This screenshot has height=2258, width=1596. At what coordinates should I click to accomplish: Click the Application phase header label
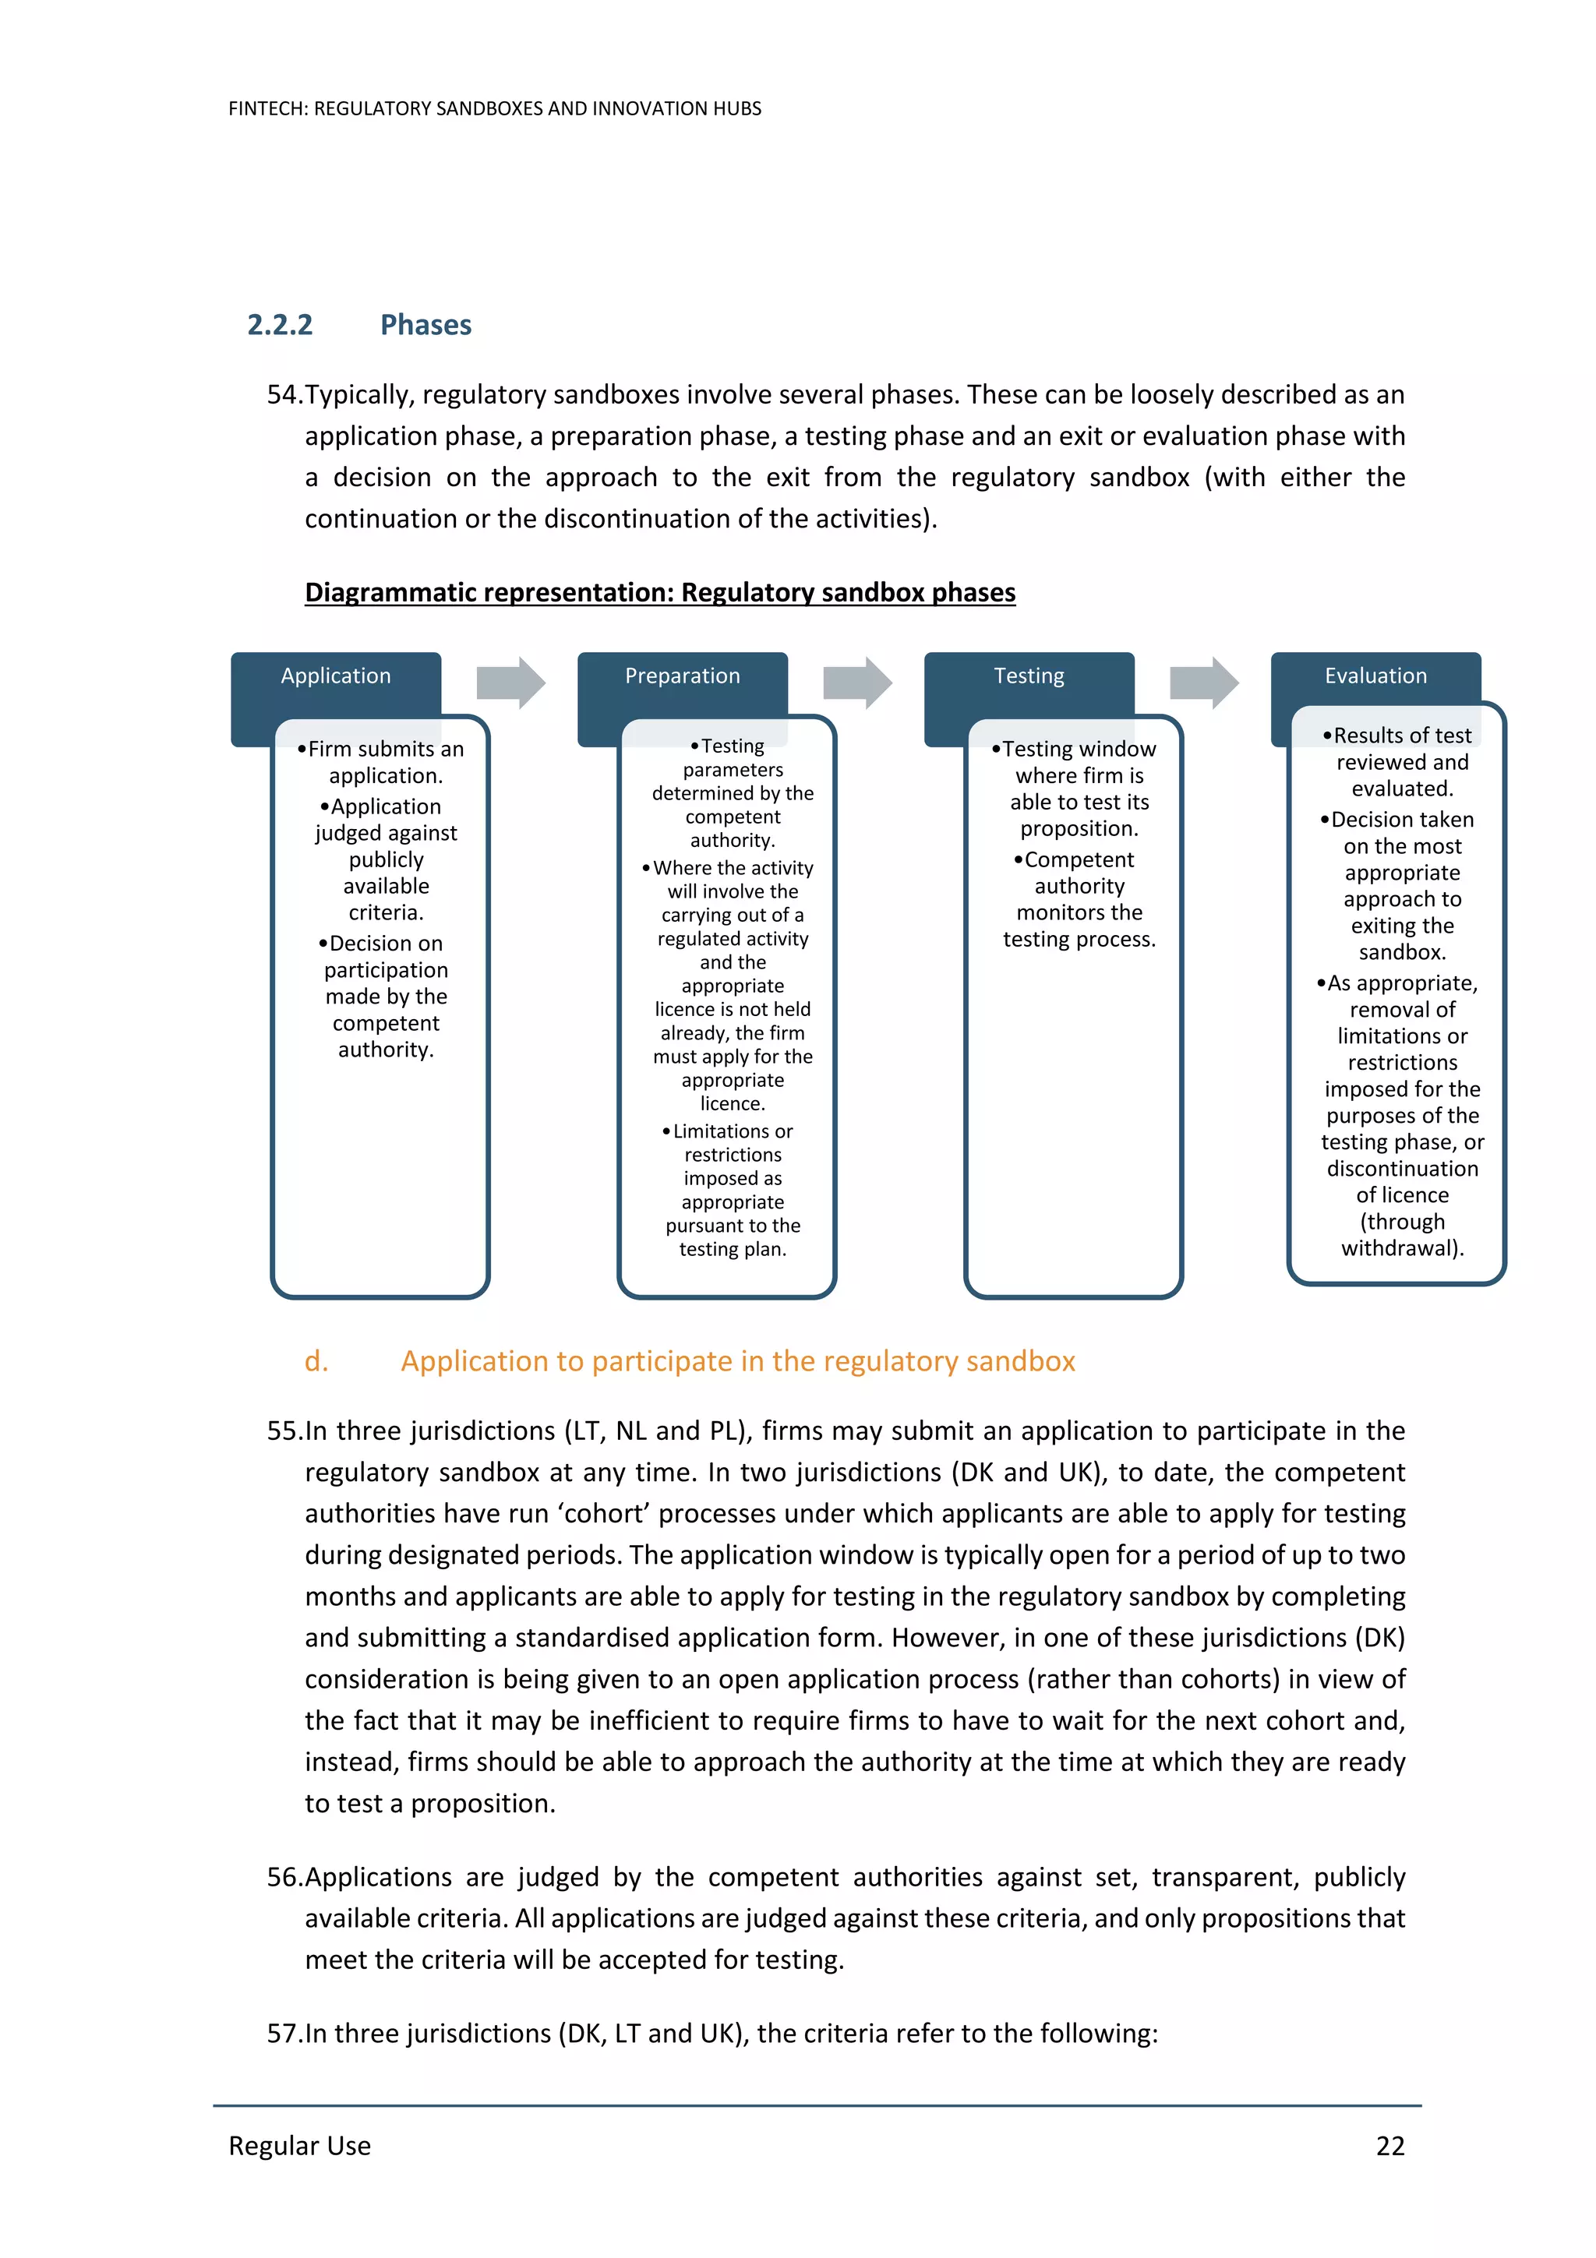click(x=335, y=676)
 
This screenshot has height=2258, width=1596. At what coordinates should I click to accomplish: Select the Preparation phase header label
click(x=683, y=676)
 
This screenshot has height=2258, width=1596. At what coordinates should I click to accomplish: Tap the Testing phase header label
click(x=1029, y=676)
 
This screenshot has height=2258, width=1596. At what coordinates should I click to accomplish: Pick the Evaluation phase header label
click(x=1375, y=676)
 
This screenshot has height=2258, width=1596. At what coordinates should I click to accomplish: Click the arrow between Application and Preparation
click(x=510, y=683)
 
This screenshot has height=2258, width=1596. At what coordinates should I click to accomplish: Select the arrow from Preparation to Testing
click(x=856, y=683)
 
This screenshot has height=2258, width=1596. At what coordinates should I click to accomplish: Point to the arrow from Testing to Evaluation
click(x=1204, y=683)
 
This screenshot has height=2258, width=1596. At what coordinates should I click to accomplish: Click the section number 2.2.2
click(x=279, y=325)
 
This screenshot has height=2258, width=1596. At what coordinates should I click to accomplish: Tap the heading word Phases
click(x=425, y=325)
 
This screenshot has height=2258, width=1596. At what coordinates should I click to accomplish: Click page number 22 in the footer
click(x=1389, y=2145)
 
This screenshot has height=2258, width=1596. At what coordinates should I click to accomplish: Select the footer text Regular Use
click(x=300, y=2145)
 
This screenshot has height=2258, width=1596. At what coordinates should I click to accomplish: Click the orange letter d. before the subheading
click(x=316, y=1361)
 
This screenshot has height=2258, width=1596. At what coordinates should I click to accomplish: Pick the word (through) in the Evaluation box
click(x=1402, y=1222)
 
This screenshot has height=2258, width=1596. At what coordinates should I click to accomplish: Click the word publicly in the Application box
click(x=386, y=859)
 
